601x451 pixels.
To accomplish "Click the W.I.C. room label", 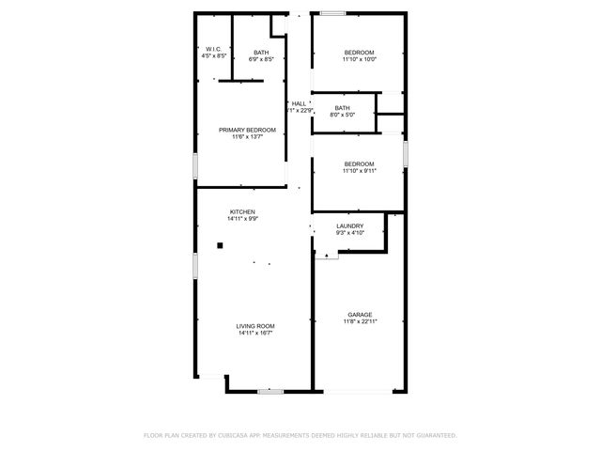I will pos(213,50).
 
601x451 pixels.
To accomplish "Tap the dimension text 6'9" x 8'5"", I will pos(261,58).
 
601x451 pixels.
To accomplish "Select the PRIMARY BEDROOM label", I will pos(247,130).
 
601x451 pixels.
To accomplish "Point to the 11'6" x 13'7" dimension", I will pos(247,137).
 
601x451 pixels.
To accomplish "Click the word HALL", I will pos(299,103).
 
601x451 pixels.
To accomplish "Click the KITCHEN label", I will pos(242,212).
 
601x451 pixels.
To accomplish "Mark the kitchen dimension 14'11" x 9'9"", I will pos(242,219).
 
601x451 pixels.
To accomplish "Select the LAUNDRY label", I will pos(349,225).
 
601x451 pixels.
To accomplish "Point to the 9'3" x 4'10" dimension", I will pos(349,232).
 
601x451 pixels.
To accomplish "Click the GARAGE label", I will pos(360,315).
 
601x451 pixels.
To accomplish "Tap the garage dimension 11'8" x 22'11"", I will pos(360,322).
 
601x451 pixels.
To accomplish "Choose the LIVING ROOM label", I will pos(255,326).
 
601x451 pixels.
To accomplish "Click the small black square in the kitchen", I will pos(220,246).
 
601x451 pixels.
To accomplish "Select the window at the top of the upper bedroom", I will pos(331,13).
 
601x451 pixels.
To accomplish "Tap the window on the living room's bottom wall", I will pos(270,390).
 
